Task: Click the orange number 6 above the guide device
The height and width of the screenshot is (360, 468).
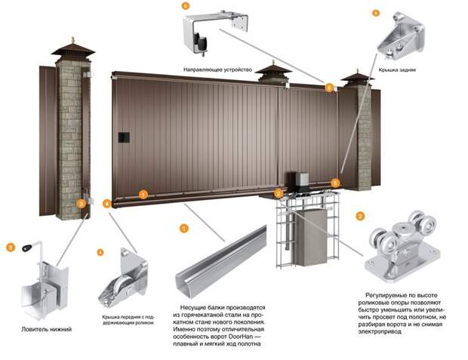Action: pos(186,7)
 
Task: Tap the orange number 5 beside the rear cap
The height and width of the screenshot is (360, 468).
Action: pos(375,13)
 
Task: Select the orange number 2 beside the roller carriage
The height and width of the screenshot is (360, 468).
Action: pos(360,216)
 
